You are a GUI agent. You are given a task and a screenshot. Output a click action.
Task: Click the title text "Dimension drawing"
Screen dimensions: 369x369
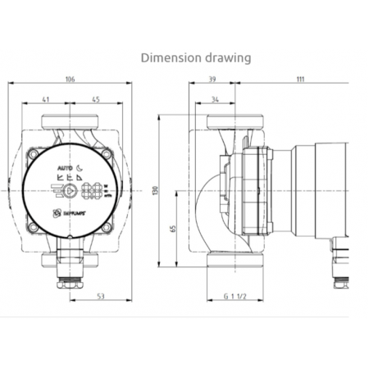(196, 58)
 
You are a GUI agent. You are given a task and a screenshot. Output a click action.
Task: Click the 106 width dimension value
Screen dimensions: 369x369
(70, 80)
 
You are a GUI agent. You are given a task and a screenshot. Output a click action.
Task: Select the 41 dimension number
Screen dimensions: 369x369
(44, 101)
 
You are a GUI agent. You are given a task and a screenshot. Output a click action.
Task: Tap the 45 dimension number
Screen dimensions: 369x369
(96, 101)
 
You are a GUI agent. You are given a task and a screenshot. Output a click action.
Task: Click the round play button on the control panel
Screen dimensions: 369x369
(71, 192)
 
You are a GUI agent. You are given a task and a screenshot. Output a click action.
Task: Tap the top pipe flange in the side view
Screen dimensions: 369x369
(235, 125)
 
